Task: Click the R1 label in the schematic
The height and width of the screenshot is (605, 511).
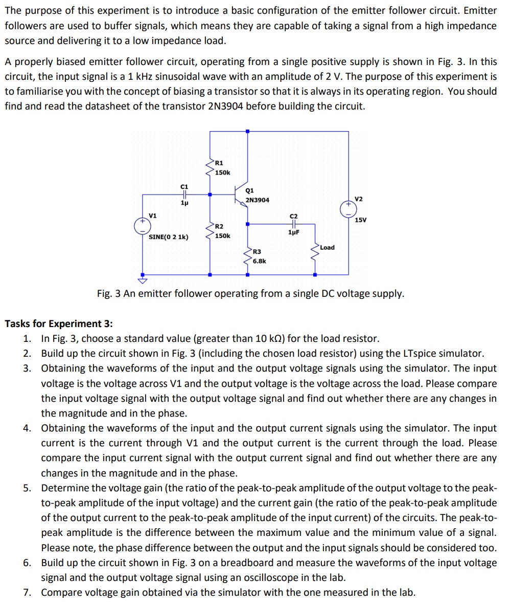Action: (219, 163)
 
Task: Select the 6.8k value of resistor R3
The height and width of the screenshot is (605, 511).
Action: (259, 261)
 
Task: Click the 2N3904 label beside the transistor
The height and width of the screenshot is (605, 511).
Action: (258, 200)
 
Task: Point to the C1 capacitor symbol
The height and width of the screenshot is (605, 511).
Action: (184, 195)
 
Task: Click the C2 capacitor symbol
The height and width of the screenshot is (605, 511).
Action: (293, 224)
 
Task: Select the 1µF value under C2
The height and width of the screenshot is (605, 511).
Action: (293, 232)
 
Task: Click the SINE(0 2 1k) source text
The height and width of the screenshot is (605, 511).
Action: (168, 237)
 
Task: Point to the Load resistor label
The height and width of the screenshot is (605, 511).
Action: (327, 247)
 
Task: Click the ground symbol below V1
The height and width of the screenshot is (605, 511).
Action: (143, 280)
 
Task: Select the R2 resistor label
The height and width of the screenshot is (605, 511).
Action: (219, 226)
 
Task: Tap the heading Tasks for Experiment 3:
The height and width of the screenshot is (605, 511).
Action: (59, 323)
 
